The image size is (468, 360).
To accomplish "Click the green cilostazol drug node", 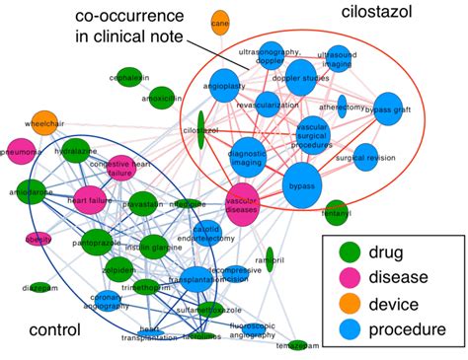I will (x=200, y=129).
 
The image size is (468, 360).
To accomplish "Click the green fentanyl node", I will (x=336, y=212).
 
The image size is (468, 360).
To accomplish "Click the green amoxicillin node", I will (x=158, y=98).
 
